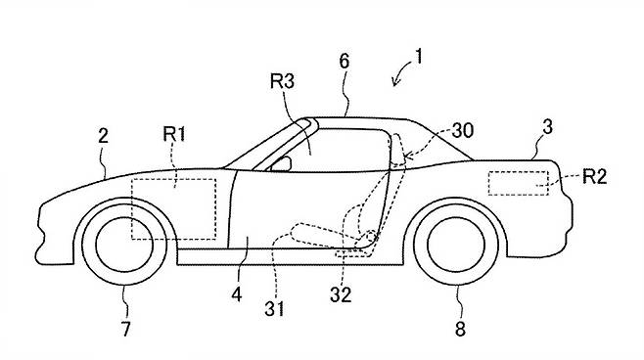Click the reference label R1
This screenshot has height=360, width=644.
click(x=174, y=134)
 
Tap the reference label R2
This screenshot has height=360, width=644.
click(x=595, y=176)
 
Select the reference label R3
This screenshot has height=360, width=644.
click(x=282, y=81)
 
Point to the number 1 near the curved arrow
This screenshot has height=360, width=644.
click(x=419, y=57)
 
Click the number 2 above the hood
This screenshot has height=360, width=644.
click(x=103, y=135)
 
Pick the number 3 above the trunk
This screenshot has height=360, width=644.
click(x=547, y=127)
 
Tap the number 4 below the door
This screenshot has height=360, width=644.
click(x=237, y=294)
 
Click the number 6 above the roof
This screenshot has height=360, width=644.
click(x=345, y=62)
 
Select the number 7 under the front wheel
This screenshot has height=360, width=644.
click(x=125, y=329)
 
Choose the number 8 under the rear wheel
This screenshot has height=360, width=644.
click(x=460, y=329)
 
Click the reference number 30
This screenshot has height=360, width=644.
click(x=463, y=130)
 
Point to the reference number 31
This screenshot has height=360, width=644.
click(x=274, y=309)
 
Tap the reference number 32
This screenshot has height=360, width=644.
click(x=341, y=294)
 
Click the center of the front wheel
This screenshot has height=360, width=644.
click(x=124, y=245)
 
